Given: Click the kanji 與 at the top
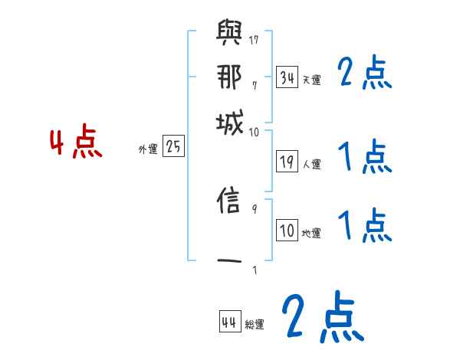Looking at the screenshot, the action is pos(231,34).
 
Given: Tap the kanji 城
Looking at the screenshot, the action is pos(231,123).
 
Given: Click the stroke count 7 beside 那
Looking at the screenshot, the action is pos(253,84).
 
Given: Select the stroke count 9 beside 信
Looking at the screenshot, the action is pos(253,208).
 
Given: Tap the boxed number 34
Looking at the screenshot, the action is pos(287,77).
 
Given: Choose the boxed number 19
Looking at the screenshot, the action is pos(287,162).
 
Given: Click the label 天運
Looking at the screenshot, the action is pos(311,79).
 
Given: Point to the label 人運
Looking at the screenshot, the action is pos(311,164).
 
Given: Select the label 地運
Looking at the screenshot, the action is pos(311,233).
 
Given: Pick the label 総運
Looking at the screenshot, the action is pos(255,324).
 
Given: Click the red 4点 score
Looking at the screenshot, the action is pos(76,144).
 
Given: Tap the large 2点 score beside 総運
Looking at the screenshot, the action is pos(323,316).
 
